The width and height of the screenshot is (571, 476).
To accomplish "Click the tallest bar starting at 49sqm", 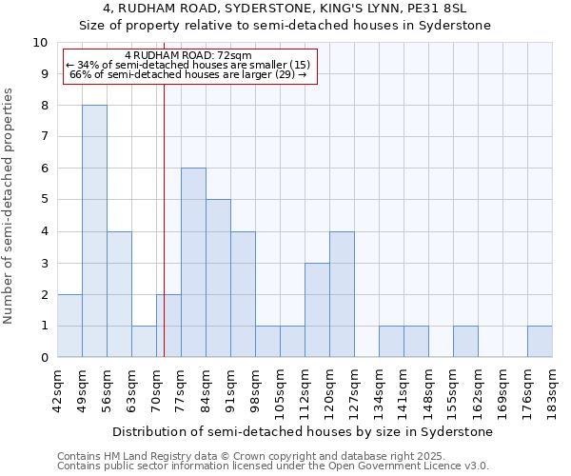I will click(94, 231).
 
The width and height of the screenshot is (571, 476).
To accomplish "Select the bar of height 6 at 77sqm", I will click(193, 263).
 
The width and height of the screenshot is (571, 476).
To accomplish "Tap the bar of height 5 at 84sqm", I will click(218, 278).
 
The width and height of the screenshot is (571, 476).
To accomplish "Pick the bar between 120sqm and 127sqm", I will click(342, 294).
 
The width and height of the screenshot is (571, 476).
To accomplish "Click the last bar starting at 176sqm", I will click(540, 342).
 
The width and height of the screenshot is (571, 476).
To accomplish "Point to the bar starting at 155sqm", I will click(465, 342).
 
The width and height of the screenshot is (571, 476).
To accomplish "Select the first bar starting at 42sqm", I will click(69, 326).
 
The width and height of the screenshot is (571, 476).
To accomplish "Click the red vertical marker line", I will click(164, 238).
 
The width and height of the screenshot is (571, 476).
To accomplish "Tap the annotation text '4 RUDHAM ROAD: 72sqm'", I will click(187, 56).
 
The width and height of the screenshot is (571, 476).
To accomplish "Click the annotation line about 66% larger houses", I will click(187, 74).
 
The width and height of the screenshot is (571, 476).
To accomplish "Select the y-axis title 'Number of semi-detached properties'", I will click(10, 206).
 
